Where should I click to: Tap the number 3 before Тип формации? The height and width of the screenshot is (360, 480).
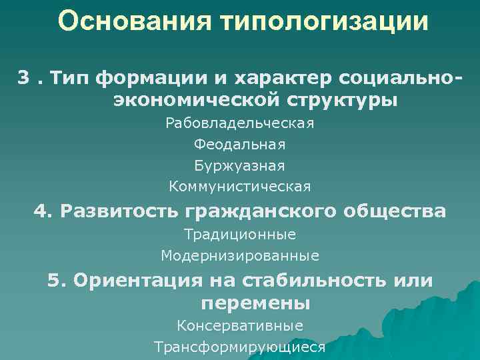pos(23,78)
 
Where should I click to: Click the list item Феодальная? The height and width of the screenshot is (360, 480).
pos(240,144)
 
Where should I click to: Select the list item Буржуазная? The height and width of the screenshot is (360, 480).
pos(240,164)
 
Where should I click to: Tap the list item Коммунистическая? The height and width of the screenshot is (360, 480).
pos(240,185)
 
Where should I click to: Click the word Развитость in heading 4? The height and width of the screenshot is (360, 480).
pos(117,211)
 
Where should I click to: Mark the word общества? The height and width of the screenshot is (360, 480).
pos(395,211)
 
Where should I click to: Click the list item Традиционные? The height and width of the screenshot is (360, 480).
pos(240,235)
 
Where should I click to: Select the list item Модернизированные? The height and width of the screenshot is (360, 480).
pos(240,255)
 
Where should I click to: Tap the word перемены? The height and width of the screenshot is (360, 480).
pos(255,303)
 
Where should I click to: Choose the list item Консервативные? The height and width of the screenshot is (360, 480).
pos(240,326)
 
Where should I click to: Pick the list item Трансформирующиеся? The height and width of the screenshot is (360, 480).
pos(240,347)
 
